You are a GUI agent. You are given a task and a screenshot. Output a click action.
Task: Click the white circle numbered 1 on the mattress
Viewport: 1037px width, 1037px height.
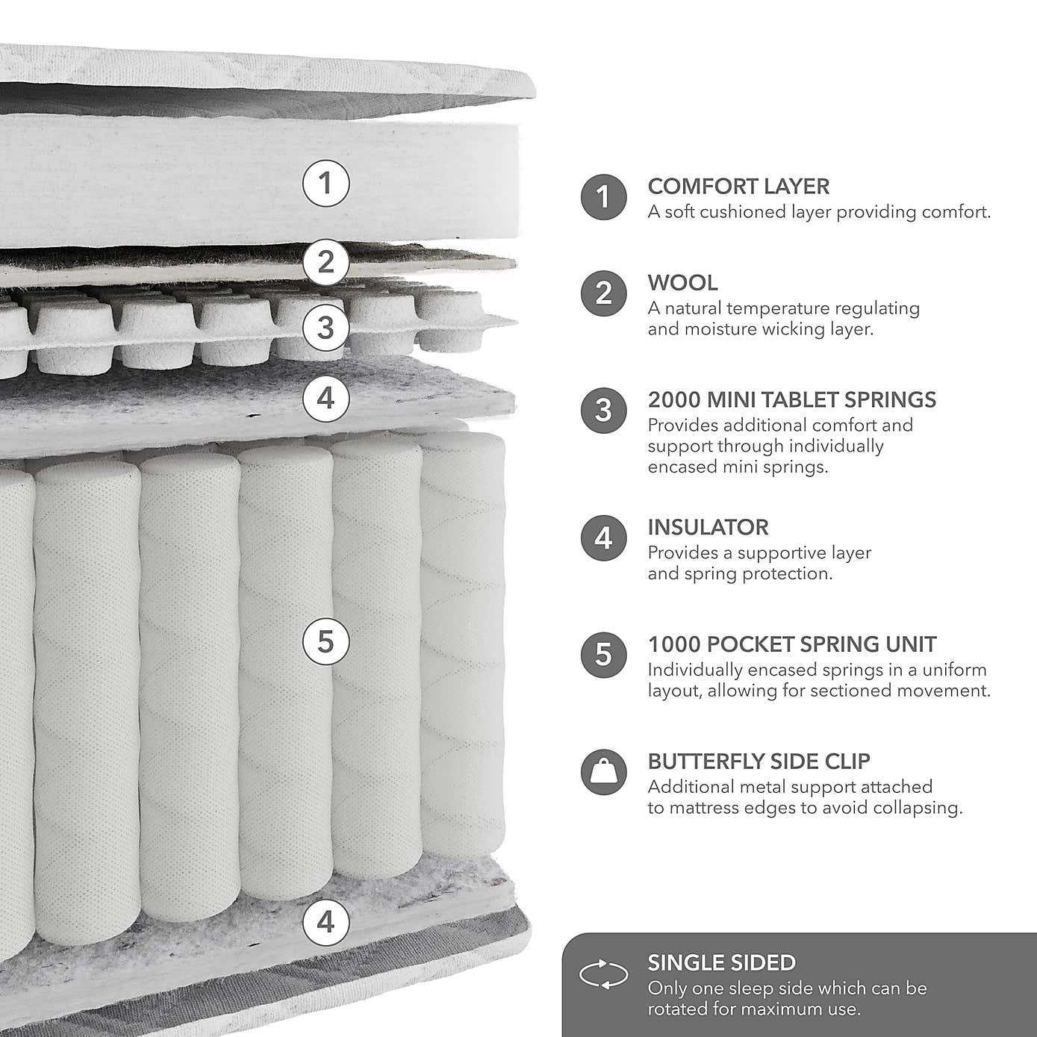coord(326,184)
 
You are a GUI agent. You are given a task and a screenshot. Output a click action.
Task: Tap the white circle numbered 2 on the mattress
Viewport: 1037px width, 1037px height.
coord(326,262)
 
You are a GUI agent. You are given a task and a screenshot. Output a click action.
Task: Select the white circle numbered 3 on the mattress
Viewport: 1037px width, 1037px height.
coord(326,328)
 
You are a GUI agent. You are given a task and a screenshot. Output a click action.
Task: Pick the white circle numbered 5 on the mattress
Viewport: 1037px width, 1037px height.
coord(326,641)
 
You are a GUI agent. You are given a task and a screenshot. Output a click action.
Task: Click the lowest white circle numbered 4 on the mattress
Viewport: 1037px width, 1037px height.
coord(326,922)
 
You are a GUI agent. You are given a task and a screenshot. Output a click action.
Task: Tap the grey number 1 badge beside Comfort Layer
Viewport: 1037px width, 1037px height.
coord(604,197)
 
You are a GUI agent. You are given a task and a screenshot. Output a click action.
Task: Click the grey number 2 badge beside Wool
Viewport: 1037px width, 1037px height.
coord(604,293)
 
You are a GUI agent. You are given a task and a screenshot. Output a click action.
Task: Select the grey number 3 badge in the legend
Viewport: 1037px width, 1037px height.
coord(604,411)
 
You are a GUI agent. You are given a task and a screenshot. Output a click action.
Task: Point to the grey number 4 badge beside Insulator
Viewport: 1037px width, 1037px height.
coord(604,538)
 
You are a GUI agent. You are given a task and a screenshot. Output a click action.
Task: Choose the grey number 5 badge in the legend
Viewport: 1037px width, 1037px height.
coord(604,655)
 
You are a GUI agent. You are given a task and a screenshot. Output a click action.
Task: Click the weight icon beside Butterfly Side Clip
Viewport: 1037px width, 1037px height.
coord(604,772)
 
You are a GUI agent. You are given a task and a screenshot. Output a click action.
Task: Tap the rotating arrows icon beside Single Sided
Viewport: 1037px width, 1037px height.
coord(604,974)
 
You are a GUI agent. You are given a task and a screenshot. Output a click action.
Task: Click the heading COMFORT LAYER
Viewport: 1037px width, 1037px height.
coord(738,187)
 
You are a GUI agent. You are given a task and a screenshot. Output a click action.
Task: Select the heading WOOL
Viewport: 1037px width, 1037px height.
coord(682,283)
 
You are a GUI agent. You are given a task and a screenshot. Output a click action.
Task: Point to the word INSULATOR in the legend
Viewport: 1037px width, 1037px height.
coord(709,527)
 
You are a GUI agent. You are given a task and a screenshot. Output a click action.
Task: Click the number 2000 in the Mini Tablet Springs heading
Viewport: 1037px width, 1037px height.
coord(674,400)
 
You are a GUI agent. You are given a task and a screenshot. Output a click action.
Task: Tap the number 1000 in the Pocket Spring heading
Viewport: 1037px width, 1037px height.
coord(674,644)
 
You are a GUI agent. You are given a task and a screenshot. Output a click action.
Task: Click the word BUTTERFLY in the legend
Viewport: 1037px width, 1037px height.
coord(706,762)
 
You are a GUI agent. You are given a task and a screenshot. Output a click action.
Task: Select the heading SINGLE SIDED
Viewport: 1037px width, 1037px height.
coord(722,963)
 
